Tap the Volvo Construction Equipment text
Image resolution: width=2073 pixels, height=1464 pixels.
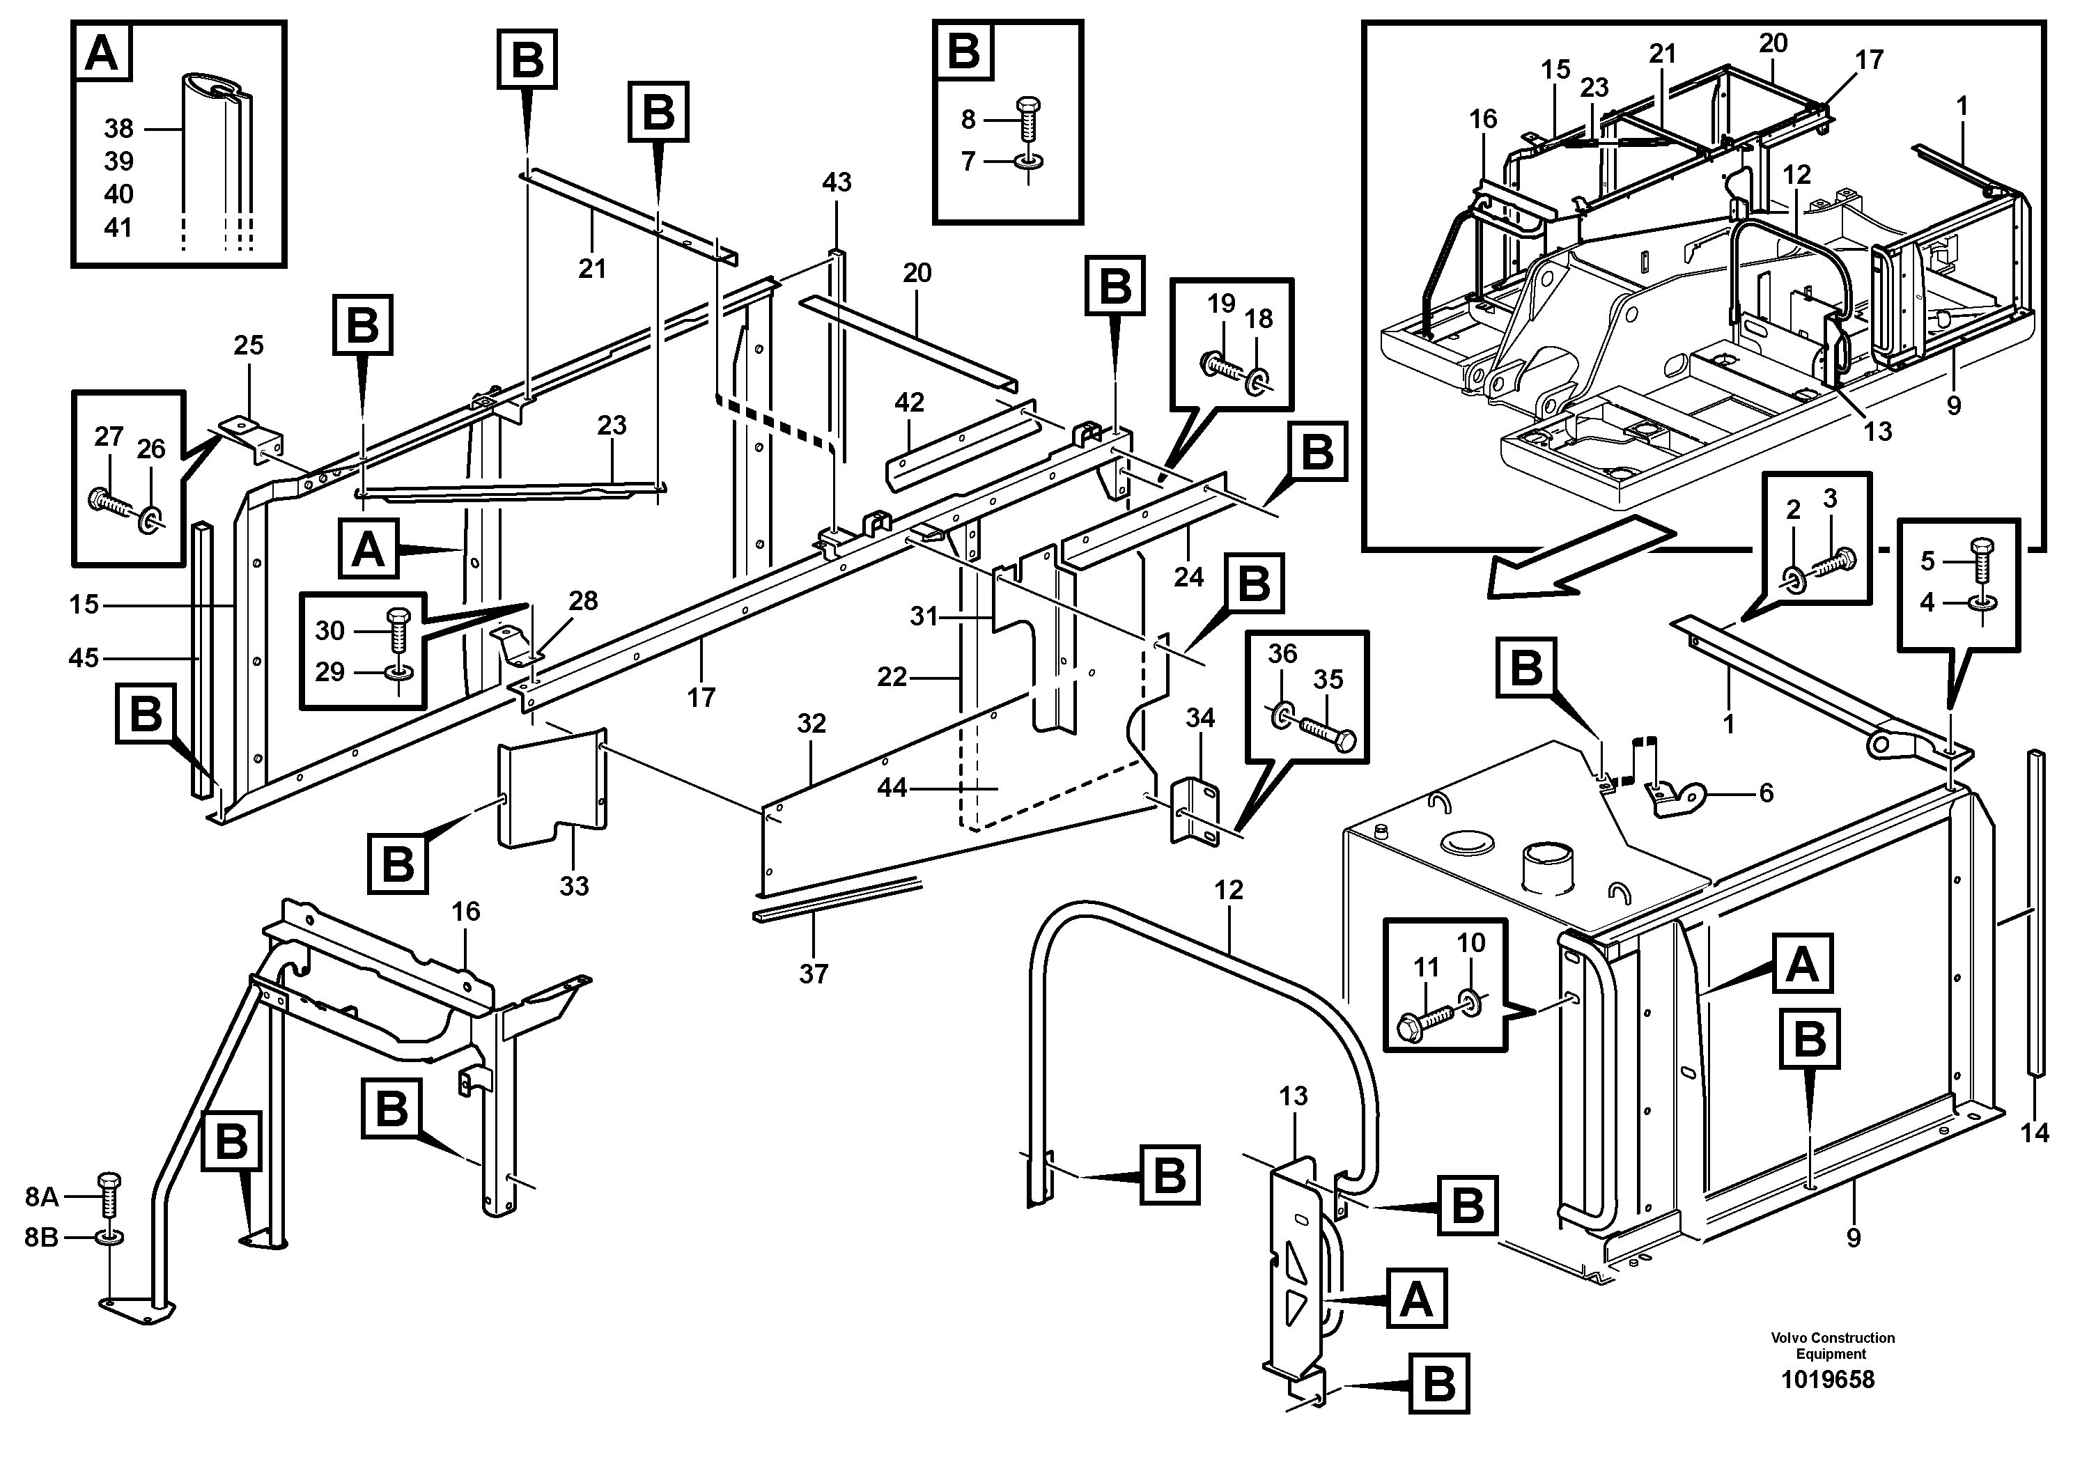point(1832,1346)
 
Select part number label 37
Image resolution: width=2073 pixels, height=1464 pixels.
point(813,974)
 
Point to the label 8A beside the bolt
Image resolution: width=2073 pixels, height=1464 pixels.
point(42,1197)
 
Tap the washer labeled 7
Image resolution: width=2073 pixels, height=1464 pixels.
point(1027,162)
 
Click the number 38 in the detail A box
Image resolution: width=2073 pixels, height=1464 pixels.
point(118,129)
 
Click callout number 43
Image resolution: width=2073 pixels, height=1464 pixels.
point(836,182)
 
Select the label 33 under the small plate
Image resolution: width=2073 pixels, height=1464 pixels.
point(573,887)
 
